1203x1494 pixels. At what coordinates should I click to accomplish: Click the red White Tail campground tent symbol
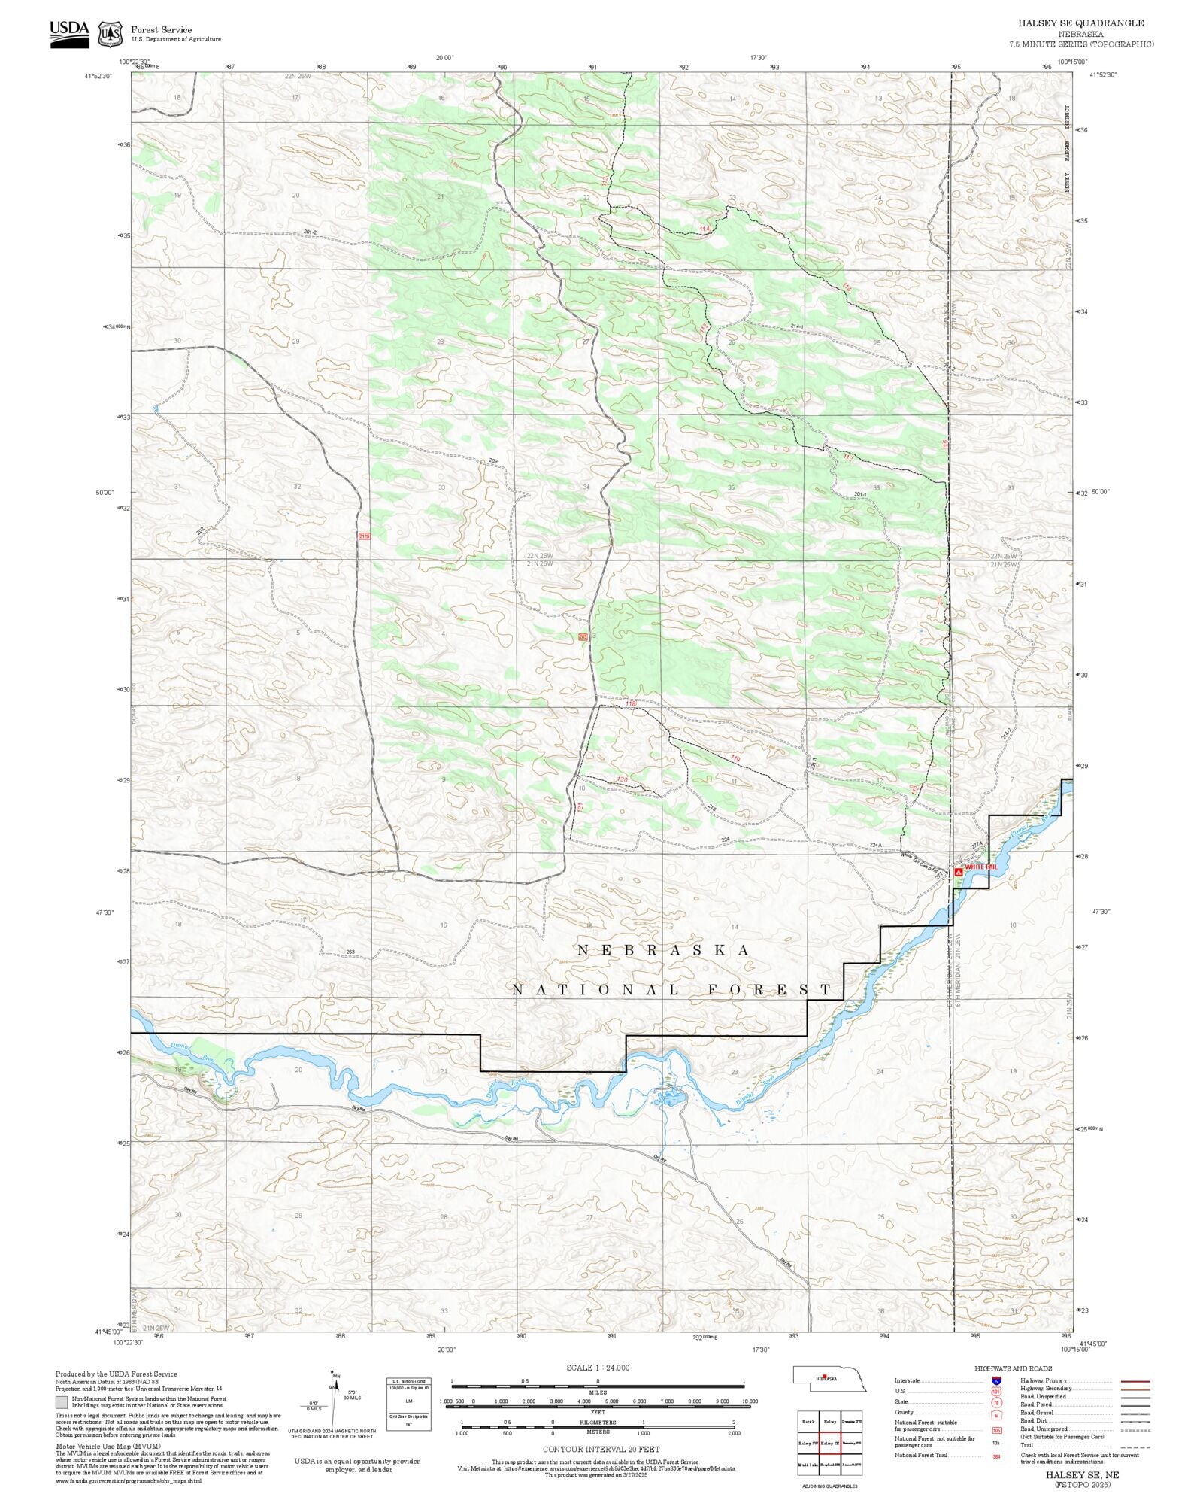[x=959, y=872]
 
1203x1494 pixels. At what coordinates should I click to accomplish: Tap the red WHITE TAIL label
[x=981, y=867]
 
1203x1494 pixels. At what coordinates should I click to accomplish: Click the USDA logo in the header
[x=69, y=34]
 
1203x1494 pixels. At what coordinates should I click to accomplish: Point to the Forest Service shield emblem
[x=111, y=34]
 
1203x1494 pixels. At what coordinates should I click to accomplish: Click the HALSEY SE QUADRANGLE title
[x=1080, y=23]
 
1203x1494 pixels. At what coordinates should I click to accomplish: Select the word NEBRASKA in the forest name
[x=663, y=950]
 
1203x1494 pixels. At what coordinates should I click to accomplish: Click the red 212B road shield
[x=365, y=536]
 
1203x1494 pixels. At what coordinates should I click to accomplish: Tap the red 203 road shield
[x=583, y=637]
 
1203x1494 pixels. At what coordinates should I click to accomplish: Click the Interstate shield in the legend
[x=996, y=1381]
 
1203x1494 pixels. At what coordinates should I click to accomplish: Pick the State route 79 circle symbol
[x=996, y=1402]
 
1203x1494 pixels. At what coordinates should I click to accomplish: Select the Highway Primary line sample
[x=1135, y=1381]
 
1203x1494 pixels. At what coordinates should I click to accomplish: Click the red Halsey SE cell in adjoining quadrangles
[x=830, y=1443]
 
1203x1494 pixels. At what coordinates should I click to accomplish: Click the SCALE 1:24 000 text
[x=598, y=1368]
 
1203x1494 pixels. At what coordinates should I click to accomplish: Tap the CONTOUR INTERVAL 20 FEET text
[x=601, y=1449]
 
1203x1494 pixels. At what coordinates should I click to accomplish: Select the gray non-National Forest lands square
[x=61, y=1402]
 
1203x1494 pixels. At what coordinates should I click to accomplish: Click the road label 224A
[x=875, y=845]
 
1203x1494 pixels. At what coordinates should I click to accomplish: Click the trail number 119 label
[x=735, y=758]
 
